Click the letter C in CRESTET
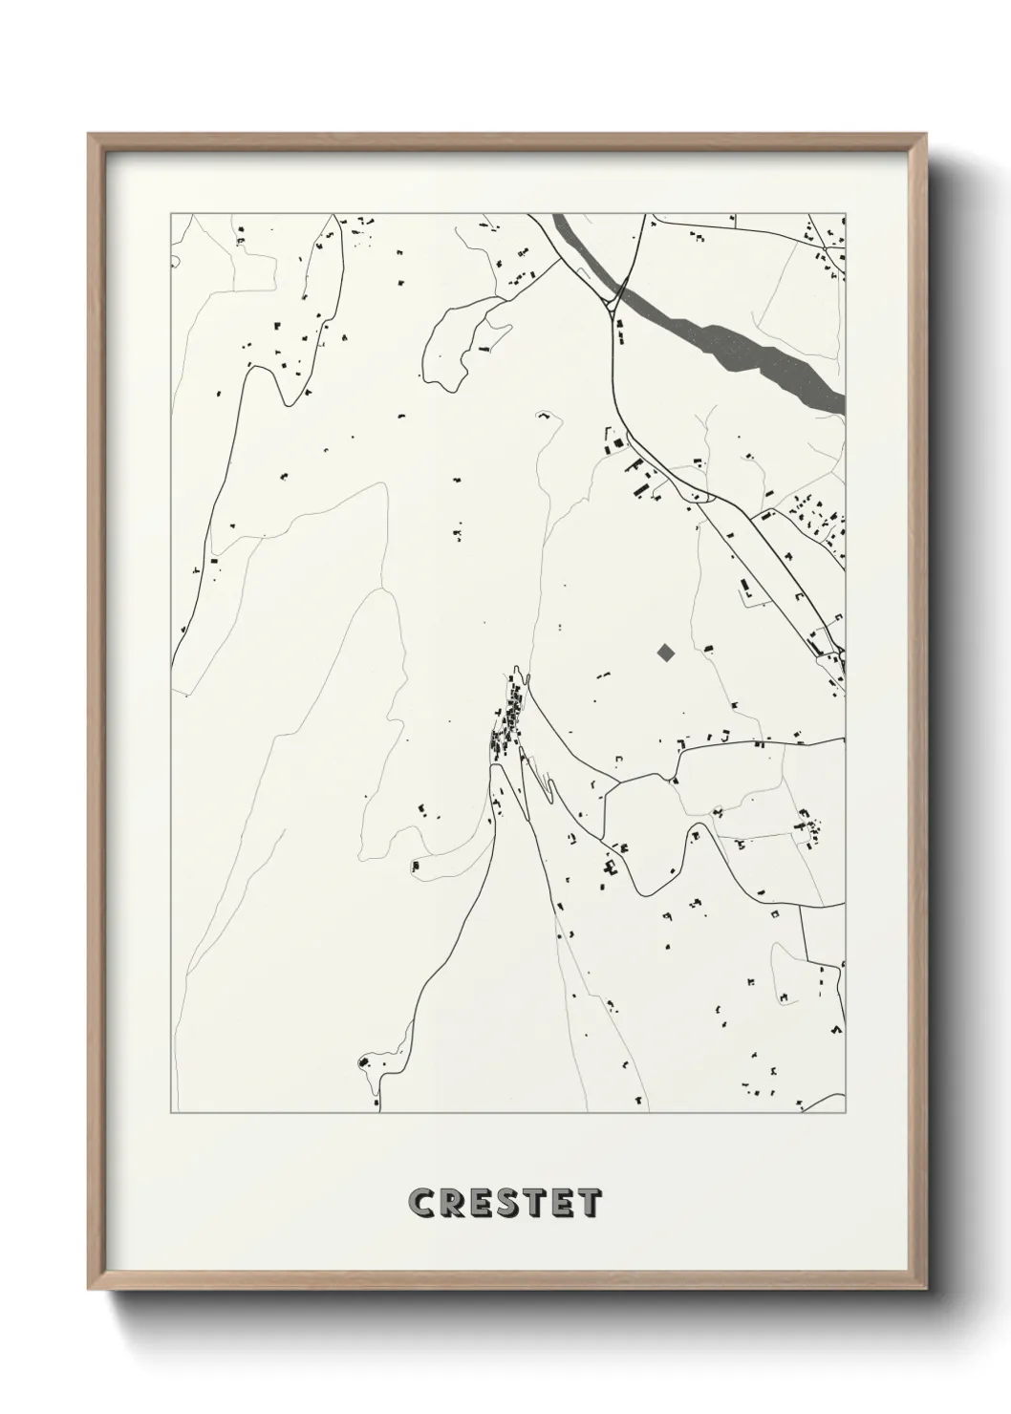tap(421, 1203)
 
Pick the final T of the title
tap(591, 1203)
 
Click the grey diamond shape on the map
tap(666, 653)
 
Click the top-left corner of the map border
tap(171, 213)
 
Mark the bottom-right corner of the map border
tap(846, 1113)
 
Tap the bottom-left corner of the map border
tap(171, 1113)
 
